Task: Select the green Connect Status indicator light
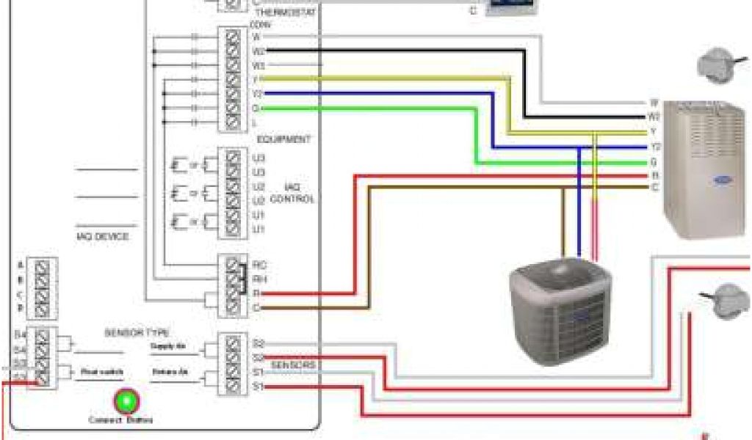tap(126, 400)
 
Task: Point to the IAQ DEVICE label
tap(102, 236)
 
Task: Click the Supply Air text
tap(166, 345)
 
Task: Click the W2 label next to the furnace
tap(654, 117)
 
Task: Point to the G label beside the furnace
tap(654, 161)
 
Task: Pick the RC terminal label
tap(258, 264)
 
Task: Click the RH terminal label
tap(258, 279)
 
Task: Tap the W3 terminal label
tap(258, 65)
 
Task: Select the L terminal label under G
tap(254, 122)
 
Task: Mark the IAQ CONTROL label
tap(292, 194)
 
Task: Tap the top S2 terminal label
tap(258, 343)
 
